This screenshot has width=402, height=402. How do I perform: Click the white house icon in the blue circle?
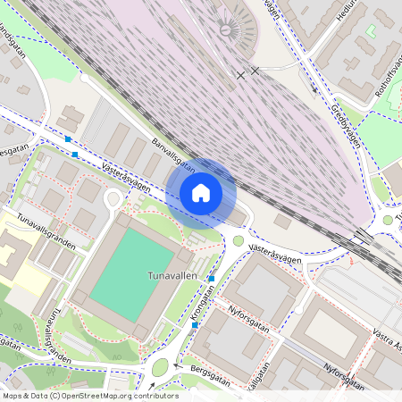coord(201,192)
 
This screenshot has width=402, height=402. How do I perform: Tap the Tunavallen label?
coord(172,277)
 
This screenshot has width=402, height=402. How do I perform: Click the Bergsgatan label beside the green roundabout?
coord(205,374)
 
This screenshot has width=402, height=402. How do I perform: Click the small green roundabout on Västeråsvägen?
coord(239,240)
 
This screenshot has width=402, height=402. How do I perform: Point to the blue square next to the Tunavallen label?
coord(211,280)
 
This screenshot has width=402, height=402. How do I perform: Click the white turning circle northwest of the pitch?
coord(113,198)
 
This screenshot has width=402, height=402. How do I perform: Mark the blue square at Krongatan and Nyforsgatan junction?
coord(194,325)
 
